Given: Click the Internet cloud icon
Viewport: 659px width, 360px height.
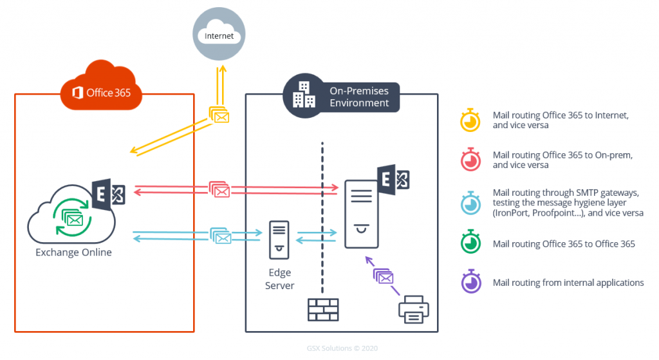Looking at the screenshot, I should click(219, 36).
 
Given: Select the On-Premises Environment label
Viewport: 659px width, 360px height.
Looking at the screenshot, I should click(359, 97).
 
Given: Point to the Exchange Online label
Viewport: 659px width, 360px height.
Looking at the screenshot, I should click(73, 252).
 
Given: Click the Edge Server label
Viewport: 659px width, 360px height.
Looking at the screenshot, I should click(279, 279).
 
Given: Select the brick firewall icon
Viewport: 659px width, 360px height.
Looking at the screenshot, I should click(322, 310).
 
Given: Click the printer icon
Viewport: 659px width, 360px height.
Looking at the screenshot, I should click(413, 310).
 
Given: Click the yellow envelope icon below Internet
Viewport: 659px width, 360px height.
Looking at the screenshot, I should click(219, 115).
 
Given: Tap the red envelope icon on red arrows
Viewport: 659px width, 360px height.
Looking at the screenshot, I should click(219, 190).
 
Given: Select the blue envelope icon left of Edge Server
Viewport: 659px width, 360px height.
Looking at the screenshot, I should click(221, 236).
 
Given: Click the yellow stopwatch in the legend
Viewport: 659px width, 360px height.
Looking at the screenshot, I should click(470, 120).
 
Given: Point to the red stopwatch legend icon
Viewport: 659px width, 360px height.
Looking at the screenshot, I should click(470, 160).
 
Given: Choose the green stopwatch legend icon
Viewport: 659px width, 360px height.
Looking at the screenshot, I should click(470, 243).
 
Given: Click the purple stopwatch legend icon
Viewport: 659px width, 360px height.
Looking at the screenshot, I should click(470, 282).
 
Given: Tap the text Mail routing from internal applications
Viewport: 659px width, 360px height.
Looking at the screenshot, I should click(568, 283).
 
